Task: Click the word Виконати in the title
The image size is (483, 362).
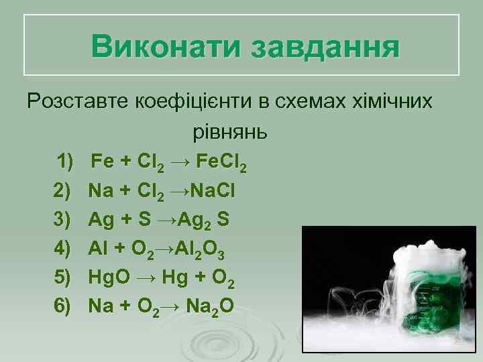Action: pyautogui.click(x=167, y=47)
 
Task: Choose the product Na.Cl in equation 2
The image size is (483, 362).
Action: pyautogui.click(x=213, y=192)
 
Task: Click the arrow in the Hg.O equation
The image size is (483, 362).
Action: pyautogui.click(x=147, y=277)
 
